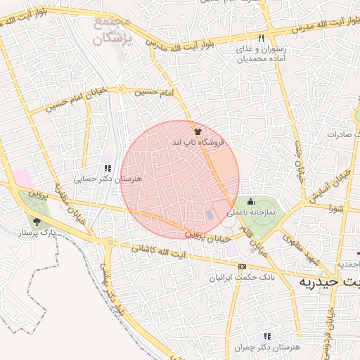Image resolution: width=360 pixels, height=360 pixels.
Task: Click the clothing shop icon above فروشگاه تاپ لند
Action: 198,131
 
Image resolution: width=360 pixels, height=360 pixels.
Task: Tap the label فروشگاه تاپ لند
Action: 198,142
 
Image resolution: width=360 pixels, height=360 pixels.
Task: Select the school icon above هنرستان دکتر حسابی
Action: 108,168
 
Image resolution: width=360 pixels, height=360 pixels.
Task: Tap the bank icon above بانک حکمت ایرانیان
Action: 243,266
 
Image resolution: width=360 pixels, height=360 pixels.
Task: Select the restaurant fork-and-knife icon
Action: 261,37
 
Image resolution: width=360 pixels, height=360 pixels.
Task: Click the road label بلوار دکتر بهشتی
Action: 108,281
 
